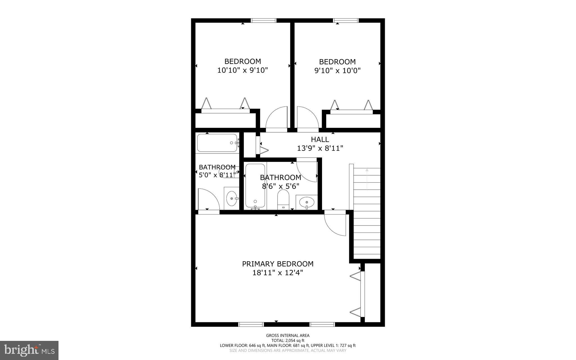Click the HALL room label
tap(320, 139)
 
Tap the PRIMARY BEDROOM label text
tap(278, 264)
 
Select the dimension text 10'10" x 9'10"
tap(242, 70)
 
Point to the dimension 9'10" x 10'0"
tap(337, 70)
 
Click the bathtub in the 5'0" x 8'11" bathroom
tap(217, 143)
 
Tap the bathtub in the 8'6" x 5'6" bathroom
tap(255, 186)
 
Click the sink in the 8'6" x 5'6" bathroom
tap(307, 202)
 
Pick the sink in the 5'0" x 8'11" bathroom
tap(232, 198)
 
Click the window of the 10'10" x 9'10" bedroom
tap(264, 20)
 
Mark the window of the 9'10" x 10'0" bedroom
tap(346, 20)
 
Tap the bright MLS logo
tap(29, 350)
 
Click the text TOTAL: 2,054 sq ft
tap(288, 340)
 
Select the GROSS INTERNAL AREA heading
tap(288, 335)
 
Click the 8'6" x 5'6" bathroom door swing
tap(307, 171)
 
